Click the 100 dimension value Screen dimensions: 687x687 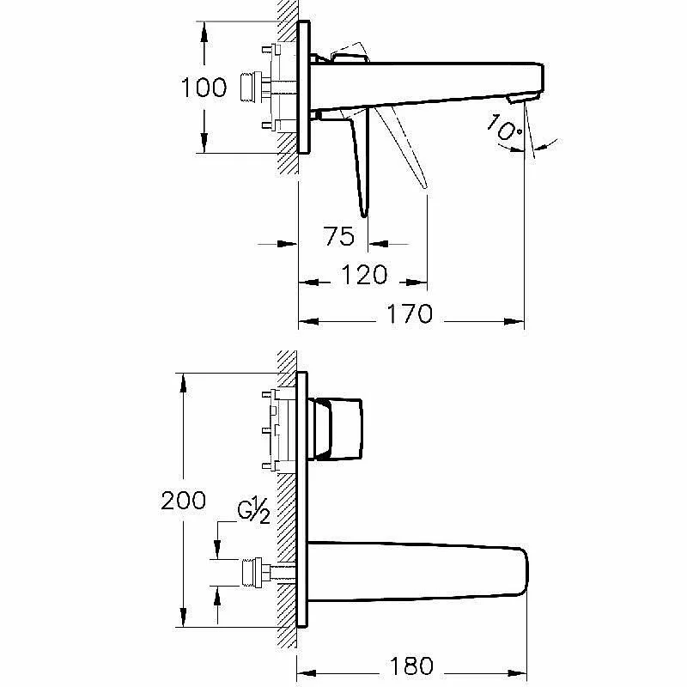coord(204,88)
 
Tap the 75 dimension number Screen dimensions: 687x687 coord(339,236)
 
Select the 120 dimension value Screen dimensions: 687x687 coord(364,275)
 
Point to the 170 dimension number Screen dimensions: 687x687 coord(410,313)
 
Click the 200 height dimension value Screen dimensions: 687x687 coord(183,501)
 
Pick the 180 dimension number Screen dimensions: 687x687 coord(411,666)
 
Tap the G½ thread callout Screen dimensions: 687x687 coord(253,511)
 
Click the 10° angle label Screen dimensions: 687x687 coord(505,127)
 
